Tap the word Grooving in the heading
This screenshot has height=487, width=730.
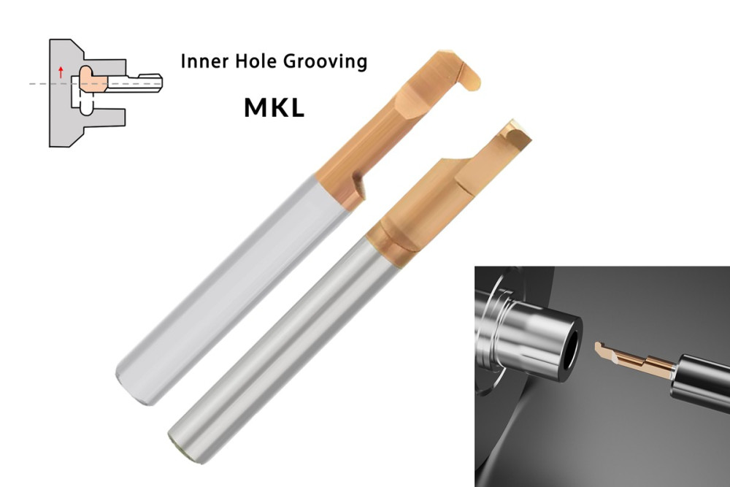pyautogui.click(x=325, y=61)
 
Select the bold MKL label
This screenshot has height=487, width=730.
pyautogui.click(x=274, y=107)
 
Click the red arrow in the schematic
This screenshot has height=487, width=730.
pyautogui.click(x=61, y=72)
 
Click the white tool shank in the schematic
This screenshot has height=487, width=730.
pyautogui.click(x=135, y=83)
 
